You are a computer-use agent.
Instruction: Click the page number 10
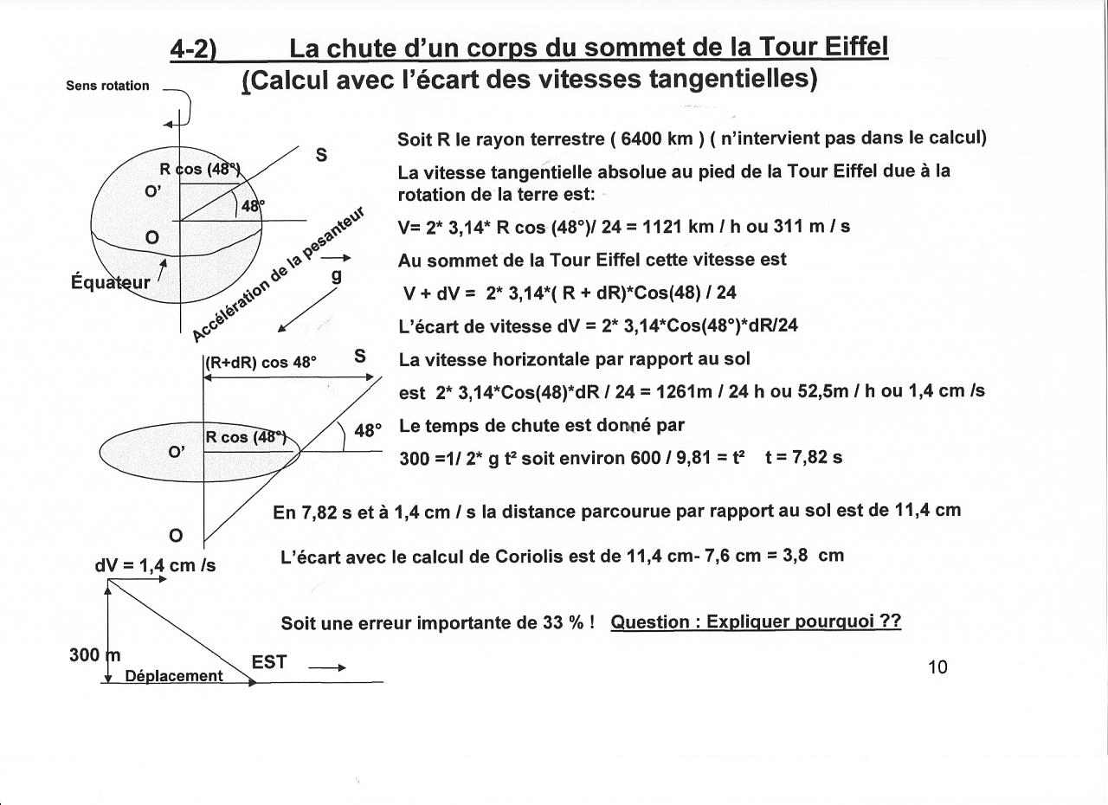[x=937, y=667]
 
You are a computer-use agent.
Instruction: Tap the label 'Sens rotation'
[x=107, y=86]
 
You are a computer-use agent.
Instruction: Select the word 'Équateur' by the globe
[x=111, y=282]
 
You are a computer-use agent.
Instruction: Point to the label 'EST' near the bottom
[x=269, y=662]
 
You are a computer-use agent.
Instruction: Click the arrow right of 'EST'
[x=327, y=667]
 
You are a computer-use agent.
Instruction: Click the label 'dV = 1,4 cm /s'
[x=155, y=565]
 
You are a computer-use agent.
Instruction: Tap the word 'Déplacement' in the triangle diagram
[x=174, y=676]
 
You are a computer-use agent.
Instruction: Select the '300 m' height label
[x=94, y=655]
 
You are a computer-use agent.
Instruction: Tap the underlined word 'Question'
[x=650, y=622]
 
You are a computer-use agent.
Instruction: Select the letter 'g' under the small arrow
[x=337, y=275]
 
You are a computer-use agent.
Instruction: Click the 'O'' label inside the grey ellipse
[x=177, y=450]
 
